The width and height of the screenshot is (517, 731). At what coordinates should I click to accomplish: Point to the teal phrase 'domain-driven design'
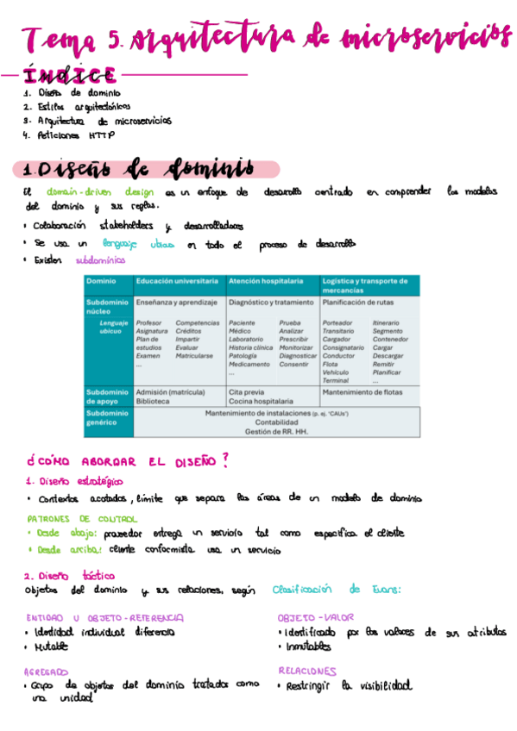coord(100,192)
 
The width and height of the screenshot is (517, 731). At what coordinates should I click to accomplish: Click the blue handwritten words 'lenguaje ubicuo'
coord(138,244)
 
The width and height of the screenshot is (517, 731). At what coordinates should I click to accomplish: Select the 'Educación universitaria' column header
coord(177,281)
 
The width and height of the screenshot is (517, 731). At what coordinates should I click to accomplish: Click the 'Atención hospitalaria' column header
coord(266,281)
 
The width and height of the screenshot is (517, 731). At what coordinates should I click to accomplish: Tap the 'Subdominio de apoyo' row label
coord(107,397)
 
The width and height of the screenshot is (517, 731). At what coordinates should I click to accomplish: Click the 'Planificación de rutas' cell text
coord(359,303)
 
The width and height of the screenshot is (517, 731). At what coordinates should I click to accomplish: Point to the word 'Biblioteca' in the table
coord(153,402)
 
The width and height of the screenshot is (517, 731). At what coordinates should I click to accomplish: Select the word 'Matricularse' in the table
coord(194,355)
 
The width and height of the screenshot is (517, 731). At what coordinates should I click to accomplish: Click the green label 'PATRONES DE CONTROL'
coord(81,519)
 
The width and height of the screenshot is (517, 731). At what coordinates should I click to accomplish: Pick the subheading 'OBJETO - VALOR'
coord(315,617)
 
